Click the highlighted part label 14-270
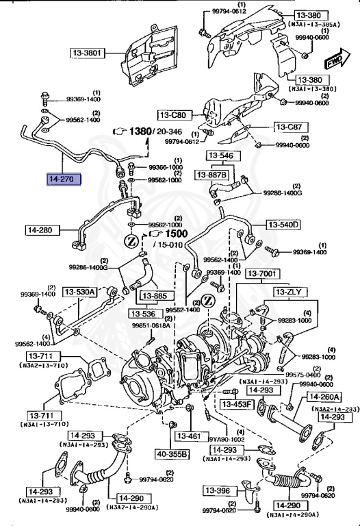(x=63, y=180)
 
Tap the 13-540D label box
(x=283, y=225)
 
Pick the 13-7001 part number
(x=261, y=274)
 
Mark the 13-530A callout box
(x=81, y=292)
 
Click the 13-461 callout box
(x=190, y=435)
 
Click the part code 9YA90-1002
(x=226, y=440)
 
